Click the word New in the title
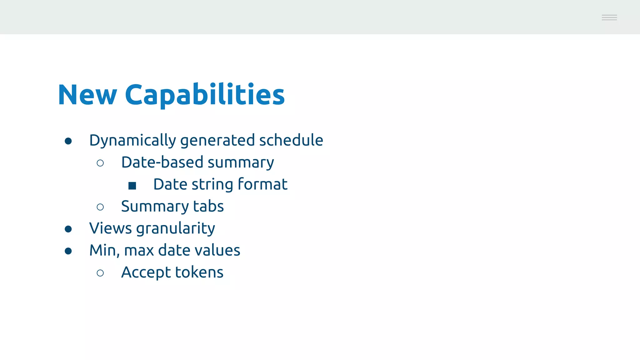(87, 95)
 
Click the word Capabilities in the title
(205, 95)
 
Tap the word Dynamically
(132, 140)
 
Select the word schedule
(291, 140)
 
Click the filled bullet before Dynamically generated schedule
(68, 141)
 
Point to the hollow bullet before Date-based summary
(100, 163)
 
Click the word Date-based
(162, 162)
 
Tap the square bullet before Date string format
(132, 186)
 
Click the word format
(262, 184)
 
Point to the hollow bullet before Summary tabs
(100, 207)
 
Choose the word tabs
(208, 206)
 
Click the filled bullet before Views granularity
(68, 229)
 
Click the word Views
(111, 228)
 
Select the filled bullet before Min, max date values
(68, 251)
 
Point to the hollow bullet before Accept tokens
(100, 273)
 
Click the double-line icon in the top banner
(609, 17)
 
